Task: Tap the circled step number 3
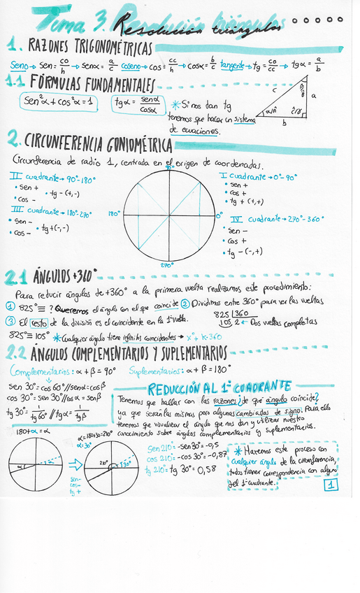11,321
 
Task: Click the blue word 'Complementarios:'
39,369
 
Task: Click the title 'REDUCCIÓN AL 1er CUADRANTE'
219,386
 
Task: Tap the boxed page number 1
330,484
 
